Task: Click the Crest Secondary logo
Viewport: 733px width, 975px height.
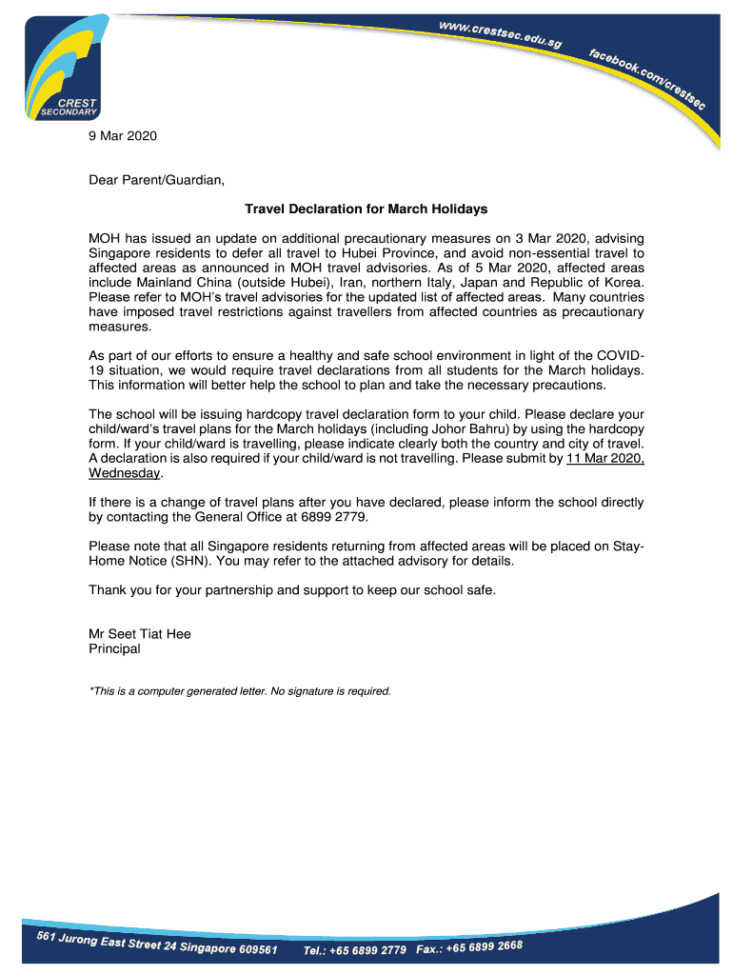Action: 61,67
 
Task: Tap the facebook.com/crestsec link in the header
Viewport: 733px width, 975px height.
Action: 647,77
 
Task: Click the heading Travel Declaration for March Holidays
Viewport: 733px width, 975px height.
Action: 366,209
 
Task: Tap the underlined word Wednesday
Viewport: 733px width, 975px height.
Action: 125,473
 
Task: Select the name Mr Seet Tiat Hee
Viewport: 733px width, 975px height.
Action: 139,634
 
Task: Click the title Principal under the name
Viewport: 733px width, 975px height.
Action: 114,649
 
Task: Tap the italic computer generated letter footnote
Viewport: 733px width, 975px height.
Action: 239,690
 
